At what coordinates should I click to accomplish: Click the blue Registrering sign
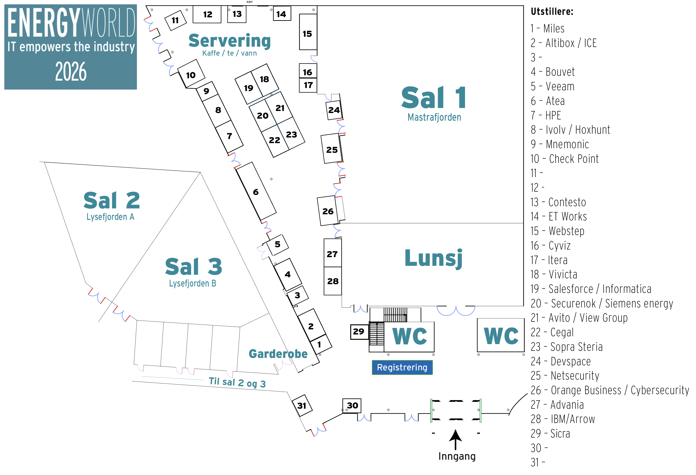(402, 367)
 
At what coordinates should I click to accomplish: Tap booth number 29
(358, 331)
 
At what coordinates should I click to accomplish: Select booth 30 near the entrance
(352, 405)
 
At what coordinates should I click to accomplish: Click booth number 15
(307, 34)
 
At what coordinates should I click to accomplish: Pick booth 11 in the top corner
(175, 20)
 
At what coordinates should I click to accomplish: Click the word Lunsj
(433, 258)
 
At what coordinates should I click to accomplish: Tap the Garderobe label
(278, 354)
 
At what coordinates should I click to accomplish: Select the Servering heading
(229, 41)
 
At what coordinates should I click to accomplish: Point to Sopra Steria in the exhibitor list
(567, 347)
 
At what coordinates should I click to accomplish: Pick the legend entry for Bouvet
(553, 72)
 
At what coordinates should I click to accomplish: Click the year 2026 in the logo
(71, 71)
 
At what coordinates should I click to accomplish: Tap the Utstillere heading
(552, 12)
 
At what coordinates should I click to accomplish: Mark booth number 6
(255, 192)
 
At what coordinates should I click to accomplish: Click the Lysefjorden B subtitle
(192, 283)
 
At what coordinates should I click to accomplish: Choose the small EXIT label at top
(250, 2)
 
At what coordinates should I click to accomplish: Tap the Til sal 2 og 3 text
(237, 382)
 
